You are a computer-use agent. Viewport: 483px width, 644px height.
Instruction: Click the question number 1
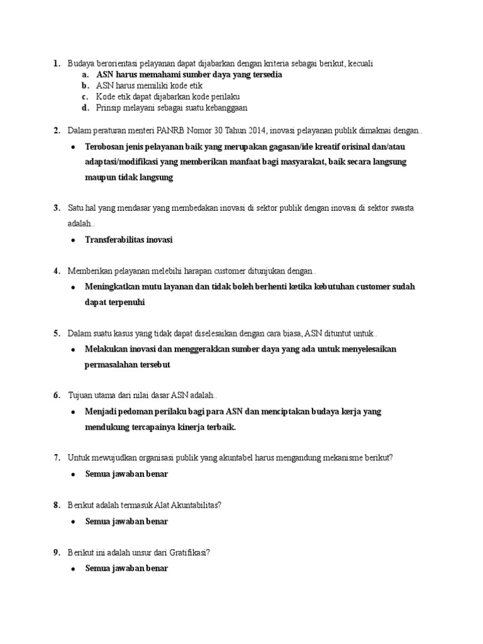coord(57,64)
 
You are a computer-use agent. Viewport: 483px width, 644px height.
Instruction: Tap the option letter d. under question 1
coord(85,108)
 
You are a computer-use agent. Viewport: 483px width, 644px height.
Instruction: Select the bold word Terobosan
coord(106,147)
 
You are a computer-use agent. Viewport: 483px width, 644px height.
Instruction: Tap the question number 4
coord(57,270)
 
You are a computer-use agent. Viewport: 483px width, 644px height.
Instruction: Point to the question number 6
coord(57,395)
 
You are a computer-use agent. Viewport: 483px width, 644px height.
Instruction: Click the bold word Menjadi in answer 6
coord(101,411)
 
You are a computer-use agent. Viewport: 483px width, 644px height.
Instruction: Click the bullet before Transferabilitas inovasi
coord(73,240)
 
